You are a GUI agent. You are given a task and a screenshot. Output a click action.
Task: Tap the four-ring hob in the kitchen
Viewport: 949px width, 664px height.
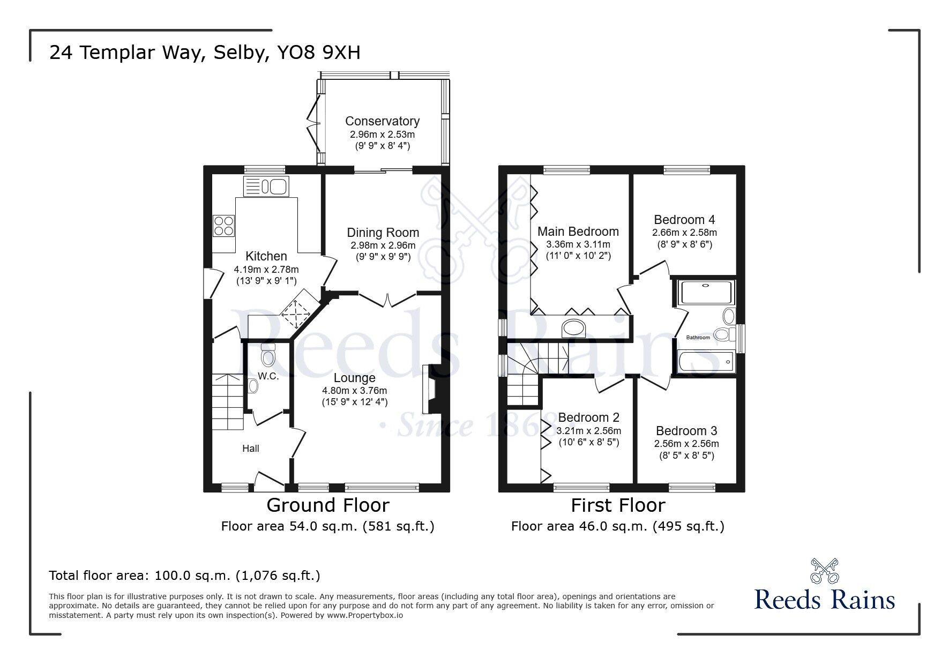pos(224,225)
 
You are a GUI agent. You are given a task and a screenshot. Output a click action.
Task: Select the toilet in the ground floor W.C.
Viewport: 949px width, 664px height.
pos(268,356)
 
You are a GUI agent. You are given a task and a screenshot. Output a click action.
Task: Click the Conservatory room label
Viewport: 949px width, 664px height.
pos(382,121)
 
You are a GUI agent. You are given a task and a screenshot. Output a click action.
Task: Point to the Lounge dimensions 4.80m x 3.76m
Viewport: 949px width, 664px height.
pos(354,391)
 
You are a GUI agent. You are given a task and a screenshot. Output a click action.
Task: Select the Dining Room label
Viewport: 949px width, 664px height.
pos(383,233)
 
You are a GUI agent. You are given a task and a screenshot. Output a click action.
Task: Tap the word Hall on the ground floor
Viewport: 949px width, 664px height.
pos(251,449)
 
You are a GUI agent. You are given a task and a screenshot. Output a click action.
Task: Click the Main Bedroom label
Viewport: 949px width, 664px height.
pos(578,232)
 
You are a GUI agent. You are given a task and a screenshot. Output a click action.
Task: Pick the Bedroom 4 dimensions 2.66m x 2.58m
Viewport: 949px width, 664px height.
pos(684,233)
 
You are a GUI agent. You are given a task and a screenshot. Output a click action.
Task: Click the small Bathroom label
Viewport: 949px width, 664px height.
pos(698,338)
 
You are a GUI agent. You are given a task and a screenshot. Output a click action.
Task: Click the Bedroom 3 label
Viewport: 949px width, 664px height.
pos(686,431)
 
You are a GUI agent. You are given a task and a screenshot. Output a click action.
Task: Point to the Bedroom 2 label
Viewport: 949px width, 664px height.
pos(588,417)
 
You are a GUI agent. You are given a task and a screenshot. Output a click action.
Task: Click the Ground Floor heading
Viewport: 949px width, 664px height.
pos(327,505)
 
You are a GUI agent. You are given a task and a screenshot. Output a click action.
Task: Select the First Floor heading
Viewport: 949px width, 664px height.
pos(618,505)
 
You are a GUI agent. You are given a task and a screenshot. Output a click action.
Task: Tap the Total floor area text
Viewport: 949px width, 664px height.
pos(184,576)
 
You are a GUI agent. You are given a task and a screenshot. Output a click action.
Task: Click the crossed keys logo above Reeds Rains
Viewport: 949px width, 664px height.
pos(825,570)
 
